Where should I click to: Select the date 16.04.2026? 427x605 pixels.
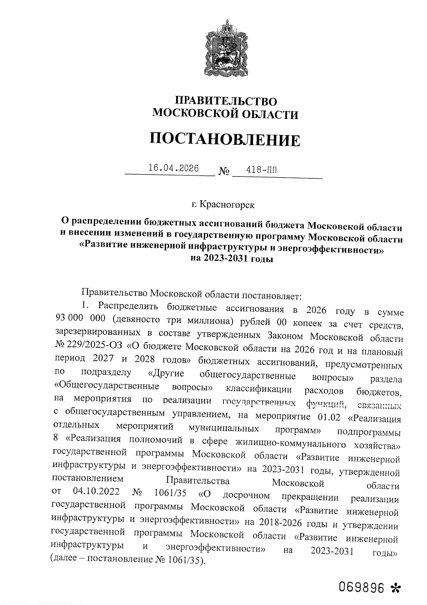coord(174,168)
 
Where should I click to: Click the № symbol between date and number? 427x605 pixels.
coord(223,171)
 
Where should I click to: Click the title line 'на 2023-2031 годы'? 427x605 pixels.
coord(232,259)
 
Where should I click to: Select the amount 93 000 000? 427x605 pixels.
coord(79,318)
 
